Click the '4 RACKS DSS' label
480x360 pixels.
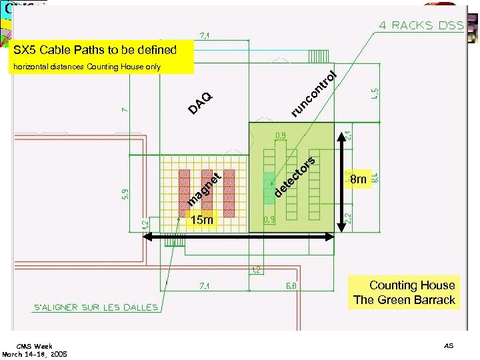point(421,25)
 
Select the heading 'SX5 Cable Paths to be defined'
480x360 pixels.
point(95,50)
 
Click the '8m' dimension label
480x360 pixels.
point(359,179)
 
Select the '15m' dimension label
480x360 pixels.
point(201,219)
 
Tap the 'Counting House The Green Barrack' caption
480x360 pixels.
point(405,293)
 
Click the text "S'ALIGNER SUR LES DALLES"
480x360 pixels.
point(96,307)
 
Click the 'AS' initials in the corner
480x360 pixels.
point(448,345)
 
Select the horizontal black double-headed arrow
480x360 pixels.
point(241,237)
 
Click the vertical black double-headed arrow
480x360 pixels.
point(345,178)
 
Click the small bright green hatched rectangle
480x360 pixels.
point(268,183)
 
